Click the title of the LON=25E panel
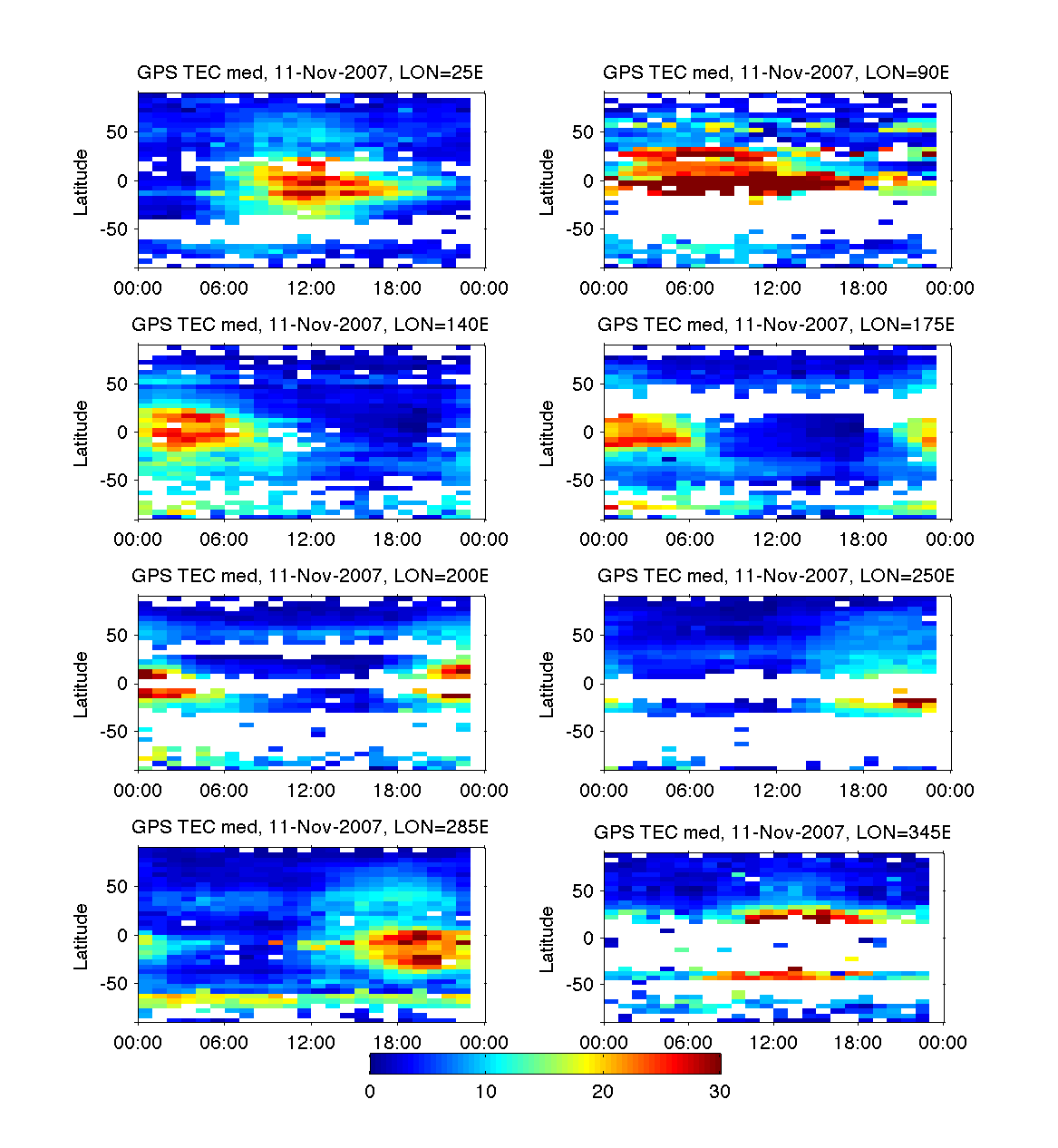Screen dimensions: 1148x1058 [310, 73]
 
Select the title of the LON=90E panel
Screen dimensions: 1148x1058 [776, 73]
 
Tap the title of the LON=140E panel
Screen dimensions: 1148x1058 [310, 325]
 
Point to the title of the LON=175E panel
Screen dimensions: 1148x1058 [776, 325]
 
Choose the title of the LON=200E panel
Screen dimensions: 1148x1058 [310, 576]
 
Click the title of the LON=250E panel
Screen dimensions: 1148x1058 [776, 576]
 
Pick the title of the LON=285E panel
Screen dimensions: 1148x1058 [310, 827]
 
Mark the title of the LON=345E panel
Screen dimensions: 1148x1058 [772, 832]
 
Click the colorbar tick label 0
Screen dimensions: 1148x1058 [370, 1092]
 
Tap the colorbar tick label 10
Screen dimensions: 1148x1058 [486, 1092]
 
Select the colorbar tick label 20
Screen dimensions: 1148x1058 [603, 1092]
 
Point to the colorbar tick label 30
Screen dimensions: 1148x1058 [720, 1092]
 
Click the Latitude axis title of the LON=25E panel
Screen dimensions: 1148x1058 [82, 182]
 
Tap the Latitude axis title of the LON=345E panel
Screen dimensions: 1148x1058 [548, 939]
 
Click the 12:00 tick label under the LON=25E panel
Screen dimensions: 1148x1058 [311, 288]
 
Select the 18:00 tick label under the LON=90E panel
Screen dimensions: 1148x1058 [863, 288]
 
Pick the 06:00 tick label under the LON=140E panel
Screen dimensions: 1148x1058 [224, 540]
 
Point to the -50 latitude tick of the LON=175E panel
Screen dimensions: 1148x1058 [580, 481]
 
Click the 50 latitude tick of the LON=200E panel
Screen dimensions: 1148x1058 [117, 636]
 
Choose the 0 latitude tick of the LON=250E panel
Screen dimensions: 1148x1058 [588, 684]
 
